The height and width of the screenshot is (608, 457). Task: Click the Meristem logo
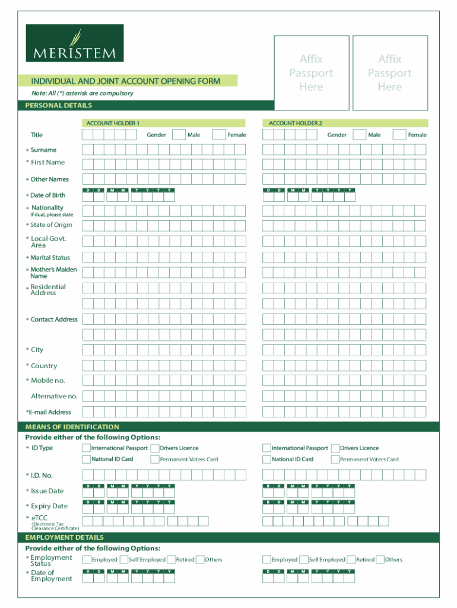pos(75,43)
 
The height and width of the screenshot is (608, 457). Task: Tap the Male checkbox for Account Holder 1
pos(179,135)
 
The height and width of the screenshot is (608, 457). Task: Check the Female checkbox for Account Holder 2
pos(399,135)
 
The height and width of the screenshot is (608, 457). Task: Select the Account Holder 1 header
pos(113,123)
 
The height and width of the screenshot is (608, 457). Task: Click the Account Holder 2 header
pos(295,123)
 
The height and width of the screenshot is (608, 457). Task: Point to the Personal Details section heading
pos(59,105)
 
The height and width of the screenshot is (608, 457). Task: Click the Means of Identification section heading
pos(72,427)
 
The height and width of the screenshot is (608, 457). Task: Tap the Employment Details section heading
pos(65,537)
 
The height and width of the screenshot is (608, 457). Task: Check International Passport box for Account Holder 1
pos(87,448)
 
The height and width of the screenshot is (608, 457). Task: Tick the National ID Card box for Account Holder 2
pos(267,459)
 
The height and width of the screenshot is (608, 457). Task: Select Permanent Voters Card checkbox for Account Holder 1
pos(155,459)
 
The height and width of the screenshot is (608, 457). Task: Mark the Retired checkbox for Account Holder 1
pos(172,559)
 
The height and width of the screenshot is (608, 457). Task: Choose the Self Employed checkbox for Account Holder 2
pos(304,559)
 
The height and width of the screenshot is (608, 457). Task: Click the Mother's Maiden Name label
pos(53,273)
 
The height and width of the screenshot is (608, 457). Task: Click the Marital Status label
pos(50,258)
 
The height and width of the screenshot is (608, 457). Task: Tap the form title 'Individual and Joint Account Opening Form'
pos(125,81)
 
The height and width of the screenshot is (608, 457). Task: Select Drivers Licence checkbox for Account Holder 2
pos(335,448)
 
